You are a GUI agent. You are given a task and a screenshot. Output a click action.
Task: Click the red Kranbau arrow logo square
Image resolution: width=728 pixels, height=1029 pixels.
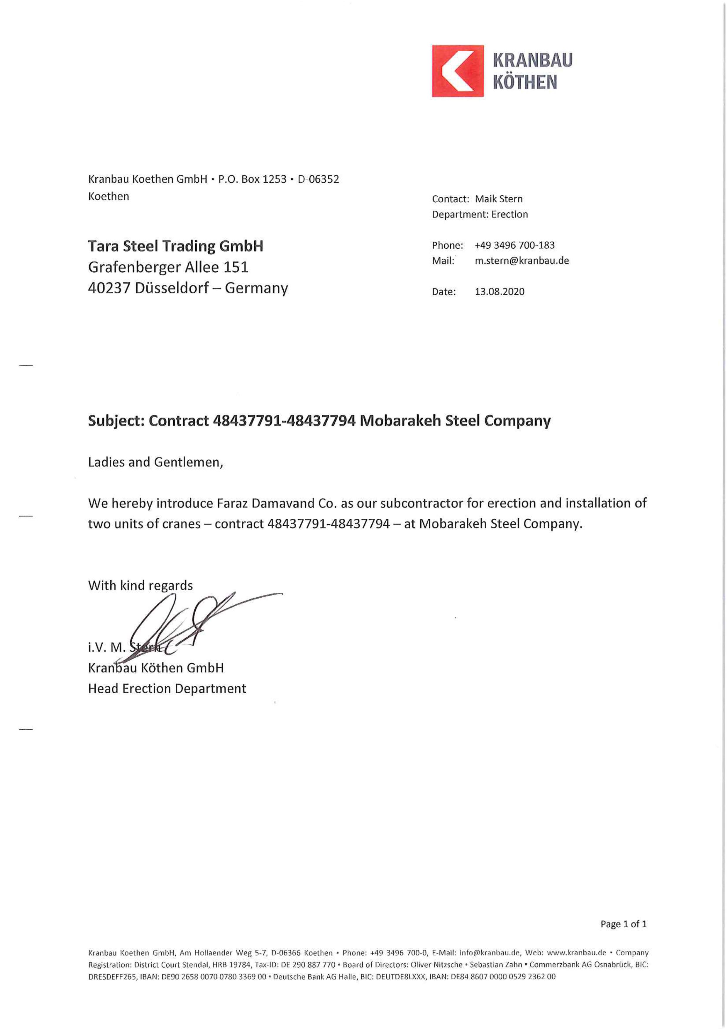point(457,71)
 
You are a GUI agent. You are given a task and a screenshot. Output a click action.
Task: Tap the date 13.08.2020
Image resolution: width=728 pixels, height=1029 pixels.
point(500,292)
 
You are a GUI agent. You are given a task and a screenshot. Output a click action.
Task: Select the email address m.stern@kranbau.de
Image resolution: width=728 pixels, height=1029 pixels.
point(522,261)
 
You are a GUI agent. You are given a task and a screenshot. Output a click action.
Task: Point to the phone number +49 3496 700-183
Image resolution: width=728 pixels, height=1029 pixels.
point(515,245)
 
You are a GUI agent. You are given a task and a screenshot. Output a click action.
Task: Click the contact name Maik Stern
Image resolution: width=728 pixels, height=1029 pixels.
point(498,199)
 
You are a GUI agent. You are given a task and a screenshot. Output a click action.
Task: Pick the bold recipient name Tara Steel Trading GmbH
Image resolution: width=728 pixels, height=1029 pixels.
point(175,246)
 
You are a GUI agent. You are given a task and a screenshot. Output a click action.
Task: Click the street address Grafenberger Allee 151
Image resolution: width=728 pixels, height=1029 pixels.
point(168,267)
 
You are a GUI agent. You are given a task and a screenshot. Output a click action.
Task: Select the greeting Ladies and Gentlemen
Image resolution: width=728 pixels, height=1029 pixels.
point(155,462)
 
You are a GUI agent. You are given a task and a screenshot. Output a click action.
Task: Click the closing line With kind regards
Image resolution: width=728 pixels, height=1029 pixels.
point(140,586)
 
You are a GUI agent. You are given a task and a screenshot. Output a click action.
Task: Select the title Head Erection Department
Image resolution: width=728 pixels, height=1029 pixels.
point(167,689)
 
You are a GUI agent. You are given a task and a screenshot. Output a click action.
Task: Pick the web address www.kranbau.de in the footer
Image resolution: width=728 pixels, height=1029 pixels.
point(576,953)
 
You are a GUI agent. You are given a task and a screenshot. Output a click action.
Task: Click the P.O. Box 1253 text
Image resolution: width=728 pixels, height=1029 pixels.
point(252,179)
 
